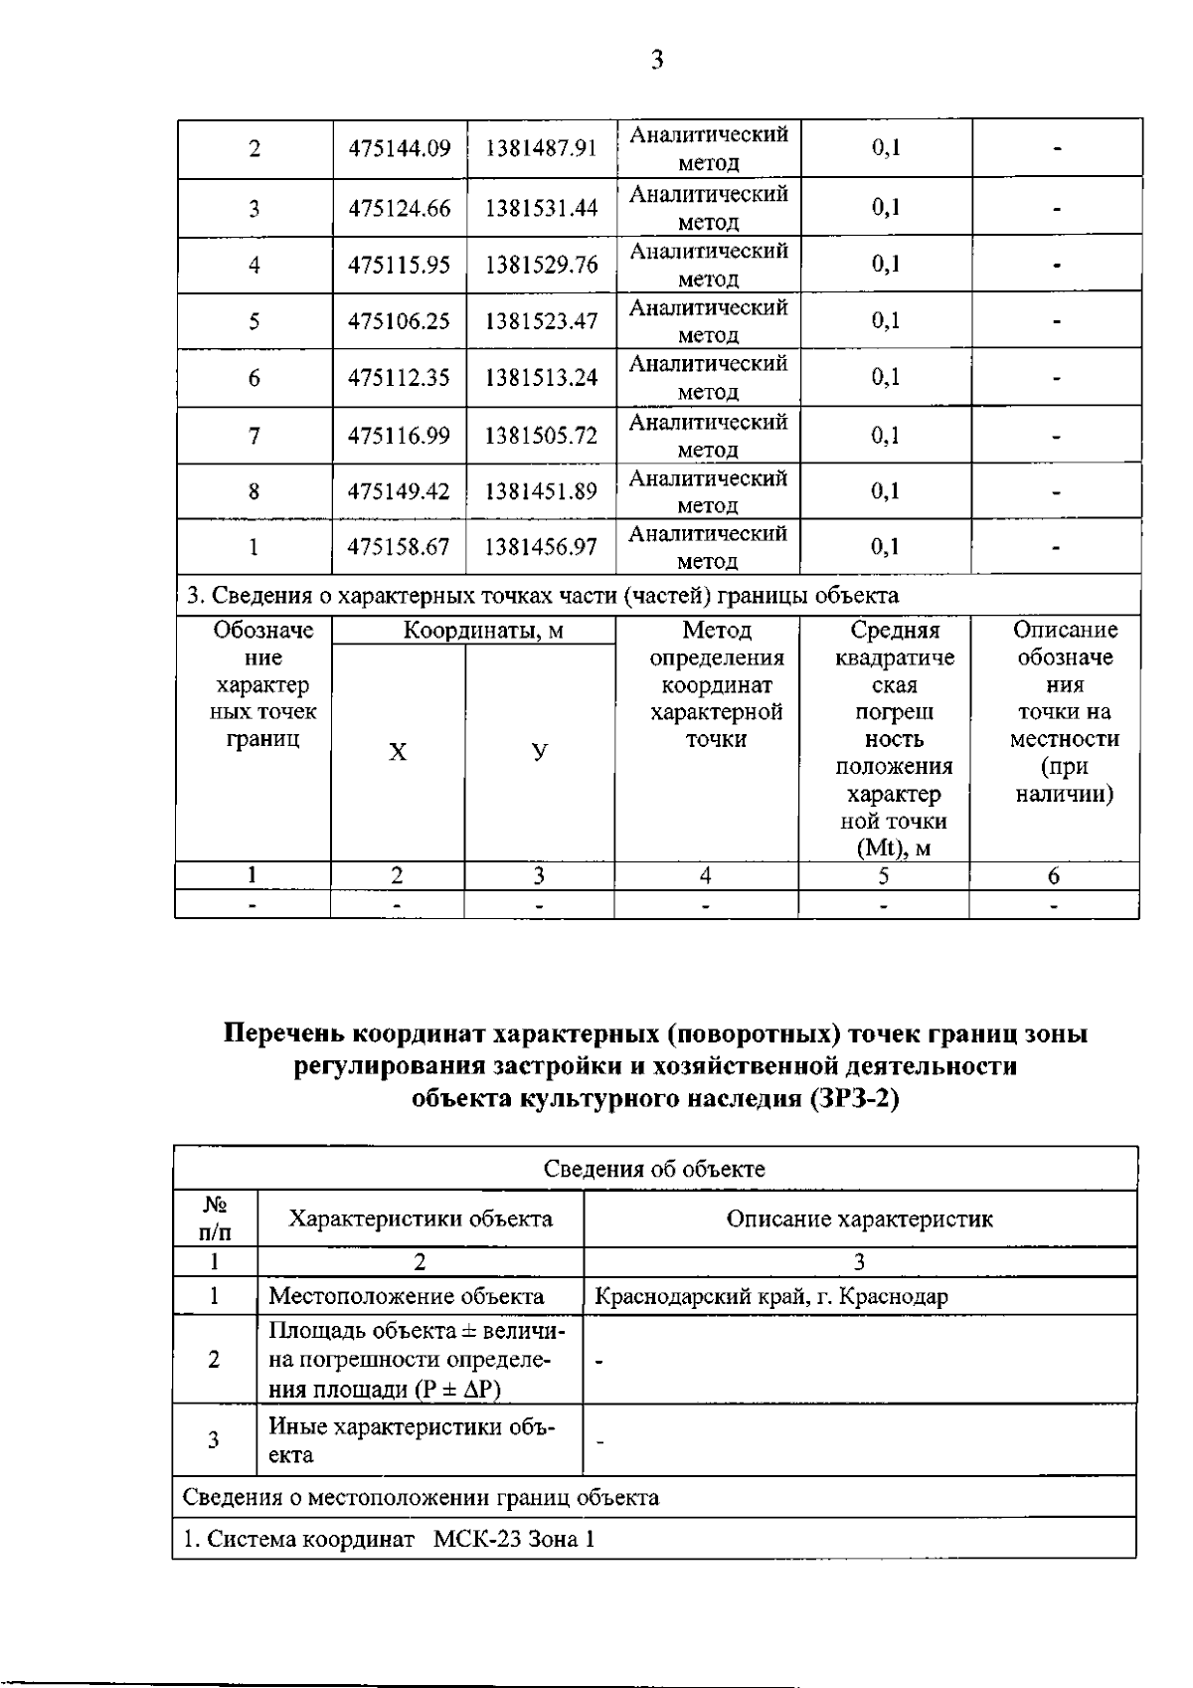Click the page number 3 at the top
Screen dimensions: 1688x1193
coord(656,61)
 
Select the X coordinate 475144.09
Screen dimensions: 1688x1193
coord(399,149)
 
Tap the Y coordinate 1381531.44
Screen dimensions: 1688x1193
coord(541,208)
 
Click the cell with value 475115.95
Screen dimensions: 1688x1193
coord(399,266)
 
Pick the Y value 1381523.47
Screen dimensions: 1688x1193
coord(541,321)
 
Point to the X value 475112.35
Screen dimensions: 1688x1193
coord(399,378)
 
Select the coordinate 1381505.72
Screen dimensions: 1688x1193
coord(541,436)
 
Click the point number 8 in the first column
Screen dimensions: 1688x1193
coord(255,491)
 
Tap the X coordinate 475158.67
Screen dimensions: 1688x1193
coord(399,547)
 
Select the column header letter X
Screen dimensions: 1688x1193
coord(398,752)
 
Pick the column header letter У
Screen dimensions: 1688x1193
coord(539,752)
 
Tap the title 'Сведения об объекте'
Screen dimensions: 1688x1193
coord(654,1169)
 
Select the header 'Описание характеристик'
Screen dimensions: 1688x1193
coord(859,1219)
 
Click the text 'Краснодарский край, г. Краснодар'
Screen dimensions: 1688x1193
coord(771,1296)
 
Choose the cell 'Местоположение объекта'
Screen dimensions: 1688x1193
coord(407,1296)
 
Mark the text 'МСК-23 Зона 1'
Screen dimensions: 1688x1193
coord(514,1539)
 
